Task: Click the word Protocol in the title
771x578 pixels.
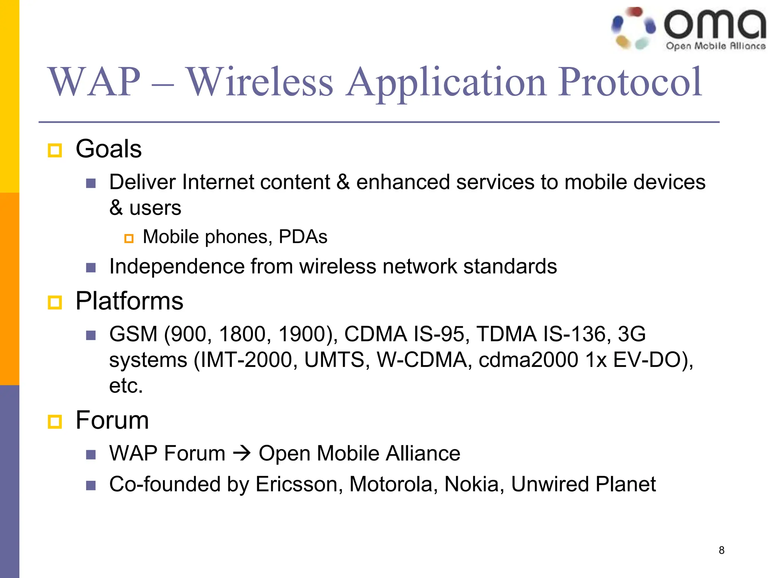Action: tap(630, 82)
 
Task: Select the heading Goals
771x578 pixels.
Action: tap(108, 149)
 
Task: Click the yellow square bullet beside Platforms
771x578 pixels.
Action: tap(55, 302)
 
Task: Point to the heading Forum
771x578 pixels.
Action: tap(112, 420)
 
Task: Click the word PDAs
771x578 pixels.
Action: tap(303, 237)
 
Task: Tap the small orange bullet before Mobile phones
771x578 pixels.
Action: tap(129, 239)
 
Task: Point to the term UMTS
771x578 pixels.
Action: tap(334, 360)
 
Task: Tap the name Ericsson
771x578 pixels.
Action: tap(296, 484)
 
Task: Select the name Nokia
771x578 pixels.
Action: tap(471, 484)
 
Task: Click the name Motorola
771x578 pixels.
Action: tap(390, 484)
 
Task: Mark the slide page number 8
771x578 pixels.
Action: tap(721, 550)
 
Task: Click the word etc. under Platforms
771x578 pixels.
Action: tap(126, 386)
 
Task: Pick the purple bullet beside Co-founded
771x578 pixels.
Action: tap(91, 485)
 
